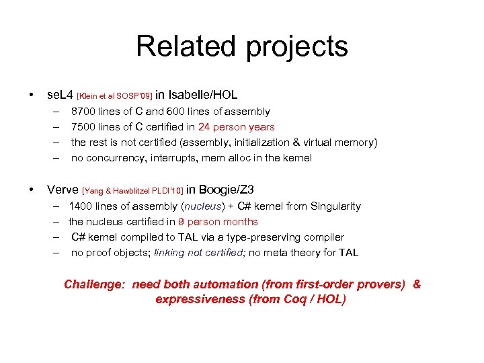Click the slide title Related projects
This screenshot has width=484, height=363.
click(242, 47)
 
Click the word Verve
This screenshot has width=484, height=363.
click(62, 190)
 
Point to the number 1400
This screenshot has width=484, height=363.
click(81, 206)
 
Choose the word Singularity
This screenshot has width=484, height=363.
click(333, 206)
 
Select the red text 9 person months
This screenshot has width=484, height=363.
click(218, 222)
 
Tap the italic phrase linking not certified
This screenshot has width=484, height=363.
click(199, 253)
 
